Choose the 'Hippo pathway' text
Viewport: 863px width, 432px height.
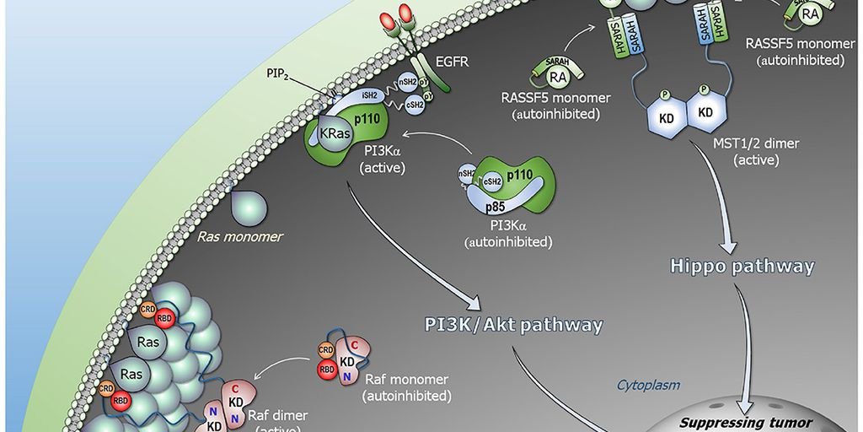click(x=742, y=267)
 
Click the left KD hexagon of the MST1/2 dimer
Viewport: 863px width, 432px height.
click(x=666, y=117)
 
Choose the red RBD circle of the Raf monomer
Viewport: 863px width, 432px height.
click(x=327, y=368)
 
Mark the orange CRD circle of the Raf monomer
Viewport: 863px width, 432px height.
click(x=325, y=348)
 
